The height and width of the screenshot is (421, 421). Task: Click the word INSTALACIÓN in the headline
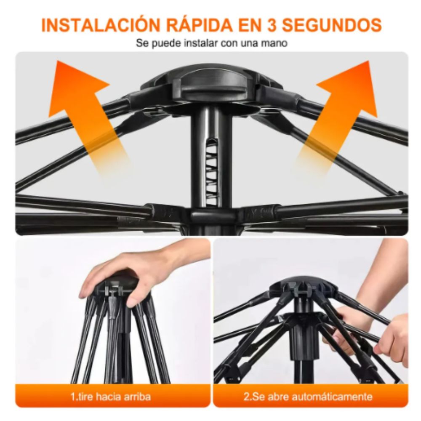click(101, 25)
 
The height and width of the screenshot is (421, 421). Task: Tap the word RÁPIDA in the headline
click(200, 25)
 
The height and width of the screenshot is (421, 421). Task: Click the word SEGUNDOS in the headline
click(333, 25)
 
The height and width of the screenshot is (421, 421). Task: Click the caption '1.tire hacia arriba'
click(111, 397)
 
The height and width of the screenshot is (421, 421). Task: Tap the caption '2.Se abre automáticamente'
click(308, 397)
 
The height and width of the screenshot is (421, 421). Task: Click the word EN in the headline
click(249, 25)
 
